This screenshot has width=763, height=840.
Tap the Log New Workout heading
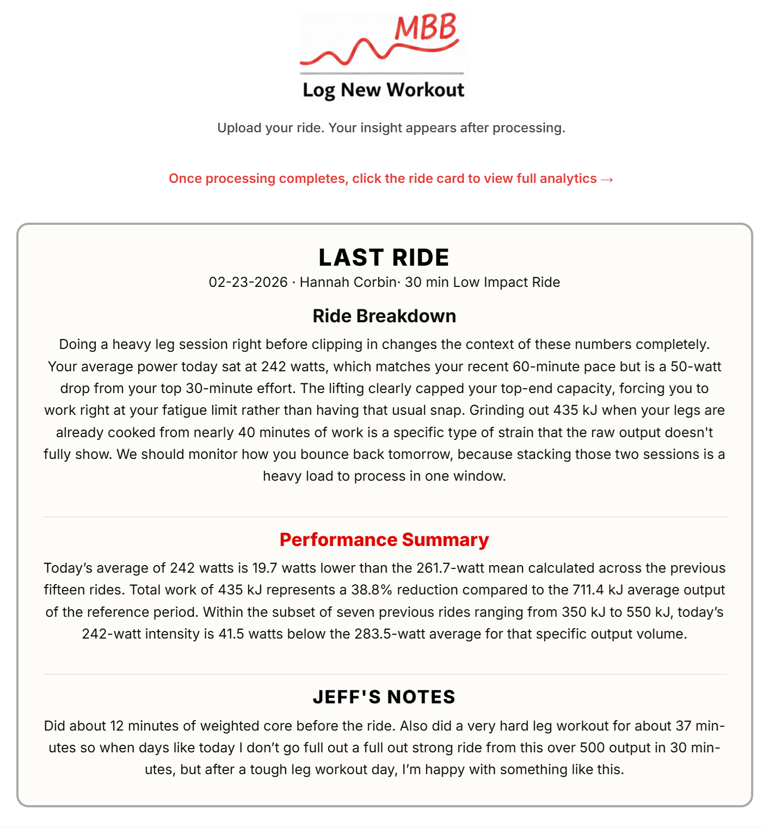point(384,90)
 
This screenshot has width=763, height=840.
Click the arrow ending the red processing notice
point(607,179)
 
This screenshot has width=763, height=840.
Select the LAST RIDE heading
point(384,257)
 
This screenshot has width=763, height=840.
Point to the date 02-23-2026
point(248,283)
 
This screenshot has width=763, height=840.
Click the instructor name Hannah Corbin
point(348,283)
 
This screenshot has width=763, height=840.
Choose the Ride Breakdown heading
point(384,316)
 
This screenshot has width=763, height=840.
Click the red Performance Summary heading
point(384,540)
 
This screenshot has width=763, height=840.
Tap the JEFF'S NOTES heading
point(384,697)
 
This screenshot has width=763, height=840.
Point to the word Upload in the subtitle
point(238,128)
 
